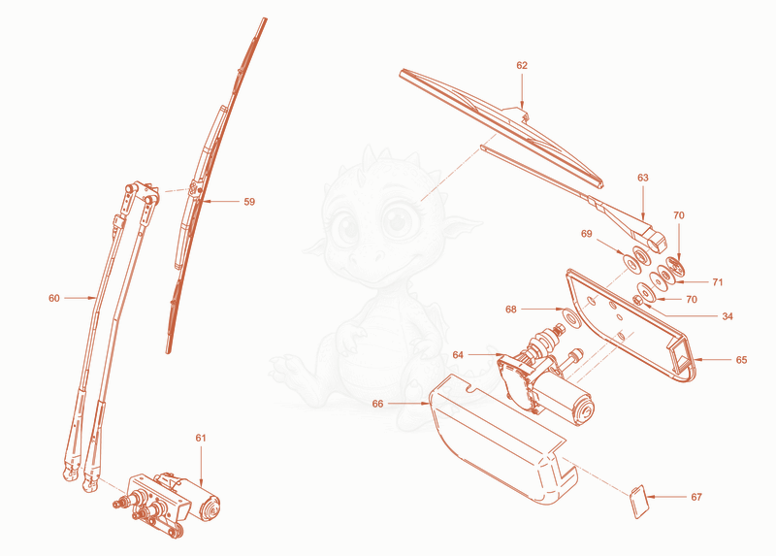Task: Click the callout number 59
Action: pos(249,202)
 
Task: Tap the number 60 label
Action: pos(54,298)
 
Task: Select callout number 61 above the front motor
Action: pos(201,438)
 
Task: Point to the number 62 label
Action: pos(522,65)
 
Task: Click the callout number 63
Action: pos(643,178)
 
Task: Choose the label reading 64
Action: pos(458,354)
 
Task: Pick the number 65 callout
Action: pos(741,360)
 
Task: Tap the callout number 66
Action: pos(377,404)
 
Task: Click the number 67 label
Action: pos(696,497)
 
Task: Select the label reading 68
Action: pos(511,310)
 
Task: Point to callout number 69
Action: pos(587,234)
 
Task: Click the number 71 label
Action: pos(718,282)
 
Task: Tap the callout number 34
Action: pos(727,316)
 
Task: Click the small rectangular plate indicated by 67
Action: pos(639,502)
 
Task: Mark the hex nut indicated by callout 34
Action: pos(638,300)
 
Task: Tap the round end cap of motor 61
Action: pos(210,508)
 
